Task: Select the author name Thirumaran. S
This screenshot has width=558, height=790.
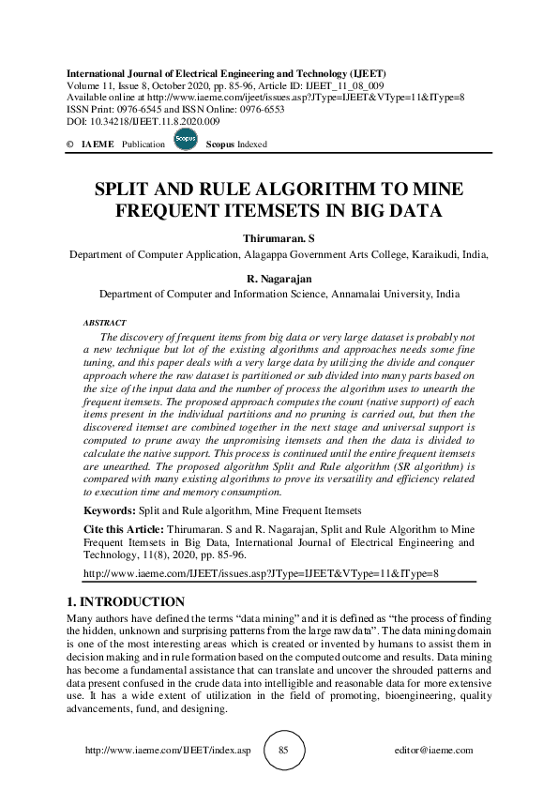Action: pos(279,239)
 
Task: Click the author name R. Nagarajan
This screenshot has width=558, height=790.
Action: pos(279,280)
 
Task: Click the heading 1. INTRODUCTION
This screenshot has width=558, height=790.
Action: pos(126,600)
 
